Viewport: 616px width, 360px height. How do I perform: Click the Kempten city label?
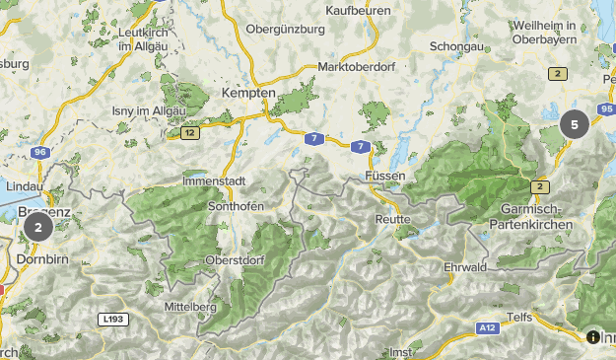pos(248,92)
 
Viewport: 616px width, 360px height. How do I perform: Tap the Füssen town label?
pos(385,175)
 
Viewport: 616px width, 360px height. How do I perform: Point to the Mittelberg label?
pos(190,307)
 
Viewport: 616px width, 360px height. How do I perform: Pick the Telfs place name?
pos(519,317)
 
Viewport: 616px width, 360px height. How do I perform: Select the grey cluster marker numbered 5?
pos(575,125)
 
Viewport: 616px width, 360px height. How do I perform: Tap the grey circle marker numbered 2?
pos(37,228)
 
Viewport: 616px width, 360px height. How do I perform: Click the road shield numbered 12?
pos(189,131)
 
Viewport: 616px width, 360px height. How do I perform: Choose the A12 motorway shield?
pos(486,327)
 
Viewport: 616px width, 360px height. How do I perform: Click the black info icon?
pos(592,336)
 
